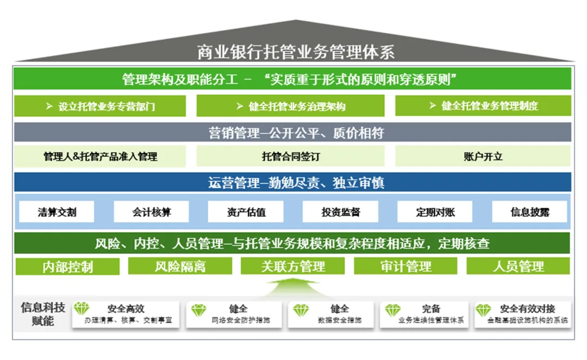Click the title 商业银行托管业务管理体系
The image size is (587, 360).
(x=296, y=52)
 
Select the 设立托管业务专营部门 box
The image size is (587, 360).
(x=100, y=106)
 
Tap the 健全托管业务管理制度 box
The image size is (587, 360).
(x=483, y=106)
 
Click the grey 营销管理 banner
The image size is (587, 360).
(x=292, y=132)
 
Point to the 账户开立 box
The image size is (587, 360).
(x=483, y=157)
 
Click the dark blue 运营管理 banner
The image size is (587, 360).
(x=292, y=182)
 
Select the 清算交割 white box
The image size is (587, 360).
(x=57, y=212)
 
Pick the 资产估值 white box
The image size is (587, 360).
(x=246, y=212)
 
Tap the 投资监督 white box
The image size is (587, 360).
(x=340, y=212)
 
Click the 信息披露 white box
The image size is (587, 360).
(x=529, y=212)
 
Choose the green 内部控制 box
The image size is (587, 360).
(x=67, y=266)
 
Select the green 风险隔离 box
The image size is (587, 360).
(x=180, y=266)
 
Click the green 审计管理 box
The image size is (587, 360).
(x=405, y=266)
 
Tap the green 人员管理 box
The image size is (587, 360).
(x=518, y=266)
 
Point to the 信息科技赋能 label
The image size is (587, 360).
(x=42, y=314)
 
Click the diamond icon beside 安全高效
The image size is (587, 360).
(x=82, y=309)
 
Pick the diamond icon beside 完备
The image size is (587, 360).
(x=392, y=310)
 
